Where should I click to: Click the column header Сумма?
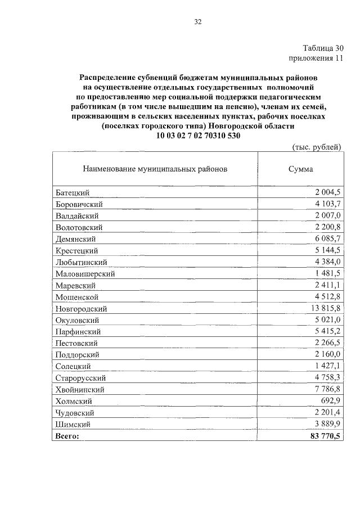pos(300,168)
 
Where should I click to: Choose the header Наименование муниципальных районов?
pos(155,168)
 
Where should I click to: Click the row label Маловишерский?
pos(85,274)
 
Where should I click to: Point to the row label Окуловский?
pos(78,320)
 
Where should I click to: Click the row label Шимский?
pos(73,424)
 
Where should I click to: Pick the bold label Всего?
pos(67,435)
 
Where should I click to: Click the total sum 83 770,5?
pos(326,435)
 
